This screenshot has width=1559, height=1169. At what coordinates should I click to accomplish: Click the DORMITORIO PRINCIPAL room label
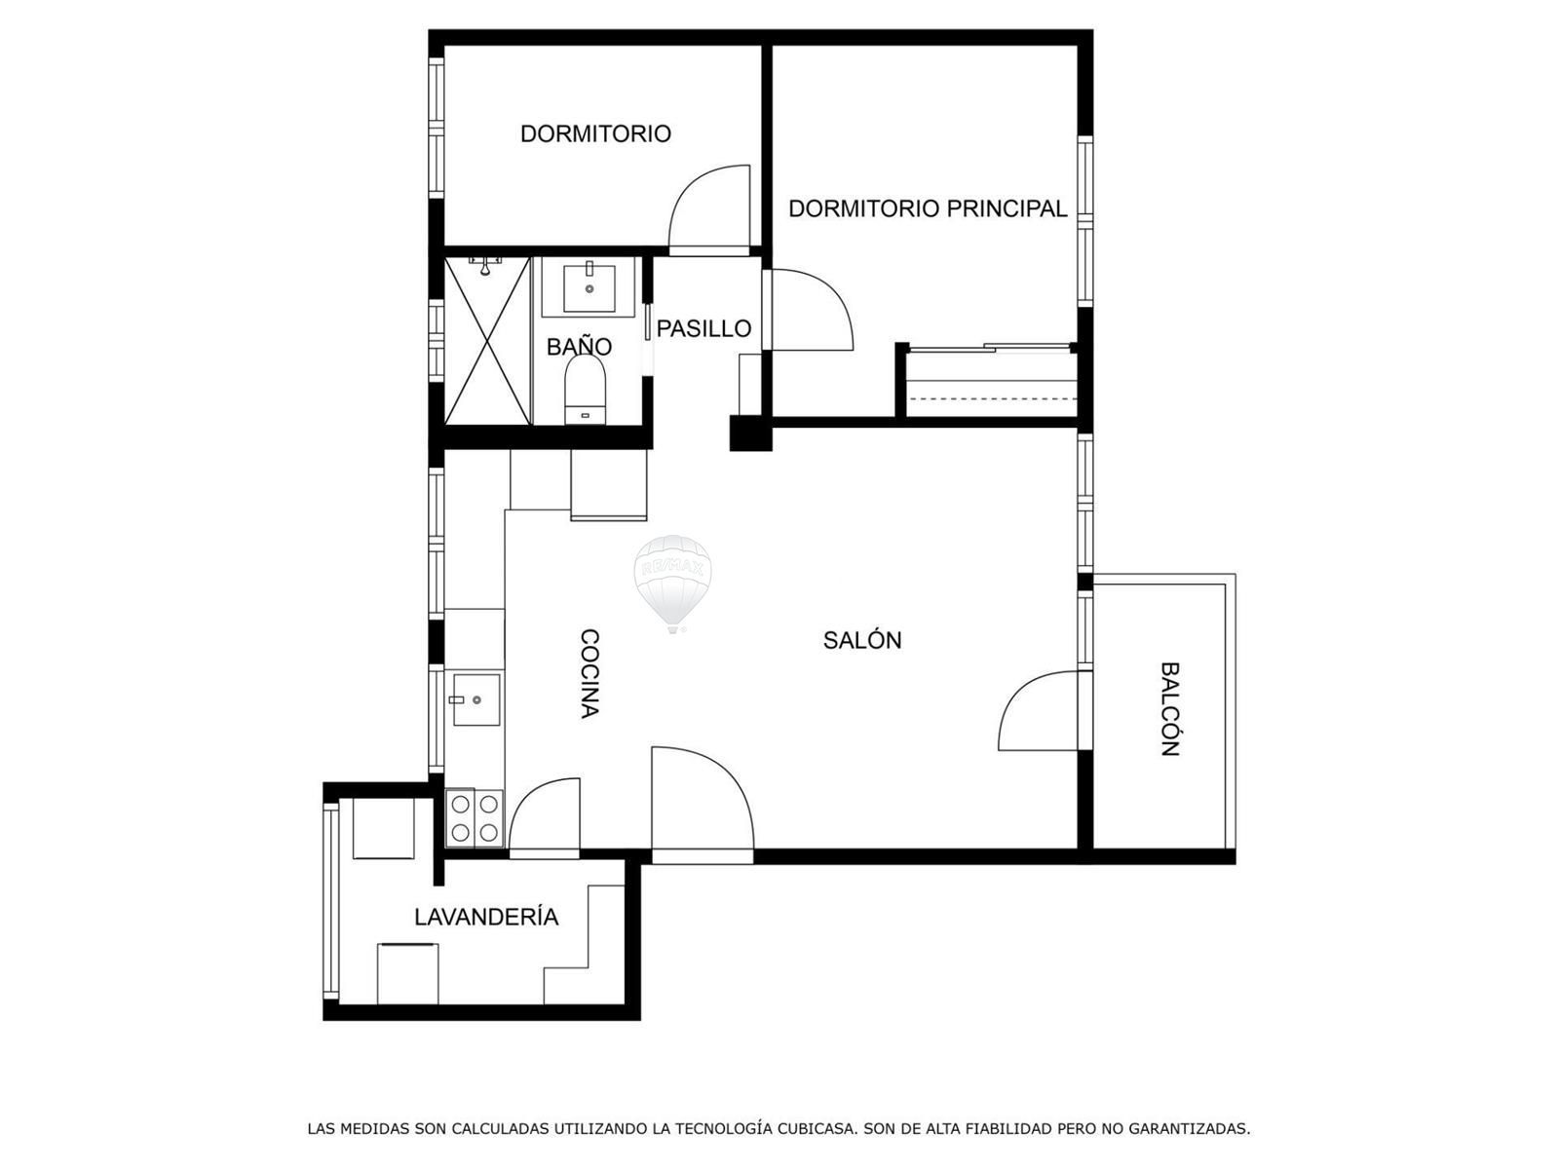pyautogui.click(x=928, y=208)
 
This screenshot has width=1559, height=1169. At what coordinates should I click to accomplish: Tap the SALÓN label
pyautogui.click(x=862, y=640)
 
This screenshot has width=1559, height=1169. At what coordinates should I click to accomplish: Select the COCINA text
pyautogui.click(x=589, y=673)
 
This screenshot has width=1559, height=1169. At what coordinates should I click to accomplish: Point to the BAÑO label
pyautogui.click(x=579, y=347)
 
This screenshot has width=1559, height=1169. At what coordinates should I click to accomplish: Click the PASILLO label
pyautogui.click(x=703, y=328)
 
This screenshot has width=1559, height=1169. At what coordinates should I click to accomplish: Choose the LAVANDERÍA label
pyautogui.click(x=486, y=917)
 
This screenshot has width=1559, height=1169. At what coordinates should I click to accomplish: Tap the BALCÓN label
pyautogui.click(x=1170, y=709)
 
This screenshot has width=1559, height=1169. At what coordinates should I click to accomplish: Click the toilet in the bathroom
pyautogui.click(x=586, y=390)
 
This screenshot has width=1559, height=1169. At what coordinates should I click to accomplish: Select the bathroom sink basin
pyautogui.click(x=589, y=286)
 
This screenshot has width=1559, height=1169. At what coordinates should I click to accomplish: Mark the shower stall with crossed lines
pyautogui.click(x=487, y=341)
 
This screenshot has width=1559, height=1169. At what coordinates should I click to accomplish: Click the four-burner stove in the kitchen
pyautogui.click(x=475, y=817)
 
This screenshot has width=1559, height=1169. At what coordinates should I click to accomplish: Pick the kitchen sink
pyautogui.click(x=475, y=699)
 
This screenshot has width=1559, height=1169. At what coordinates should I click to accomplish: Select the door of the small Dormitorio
pyautogui.click(x=709, y=210)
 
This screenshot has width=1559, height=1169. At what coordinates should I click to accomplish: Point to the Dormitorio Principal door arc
pyautogui.click(x=809, y=310)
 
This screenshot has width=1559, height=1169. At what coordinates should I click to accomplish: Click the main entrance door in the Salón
pyautogui.click(x=703, y=805)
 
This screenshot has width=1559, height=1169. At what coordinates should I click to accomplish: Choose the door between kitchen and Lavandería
pyautogui.click(x=545, y=818)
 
